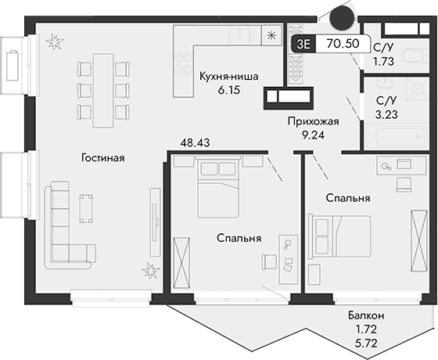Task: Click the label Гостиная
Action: click(x=102, y=158)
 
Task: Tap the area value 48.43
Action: click(x=196, y=143)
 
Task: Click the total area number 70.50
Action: click(x=345, y=44)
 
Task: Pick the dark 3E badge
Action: click(x=302, y=44)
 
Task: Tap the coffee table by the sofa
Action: click(x=87, y=207)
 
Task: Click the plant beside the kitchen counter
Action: click(x=271, y=34)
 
